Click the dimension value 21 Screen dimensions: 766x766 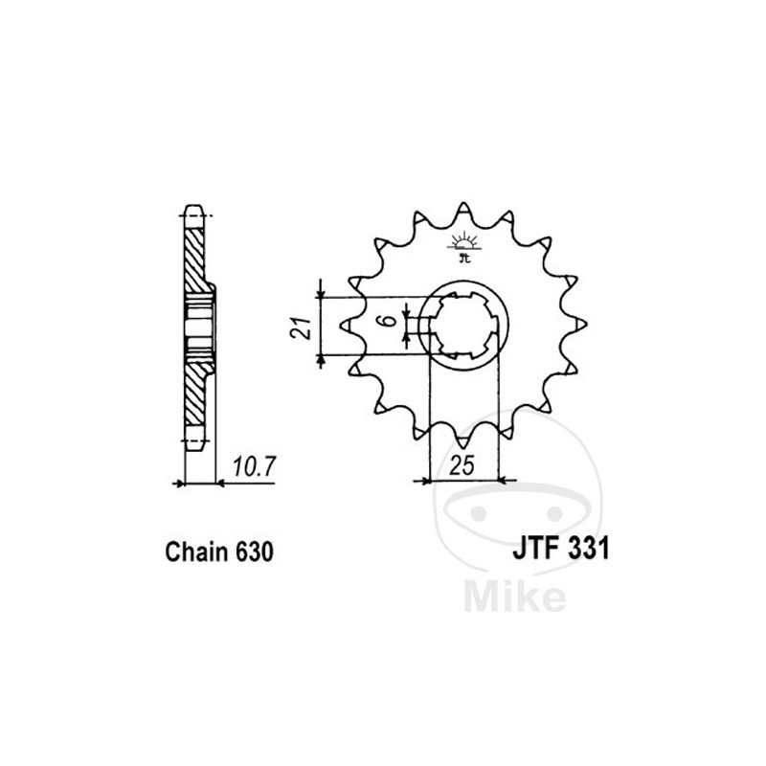[299, 328]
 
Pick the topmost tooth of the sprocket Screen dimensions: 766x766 [463, 210]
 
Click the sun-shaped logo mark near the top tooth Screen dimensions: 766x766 [464, 240]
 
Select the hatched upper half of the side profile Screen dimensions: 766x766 [195, 259]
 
